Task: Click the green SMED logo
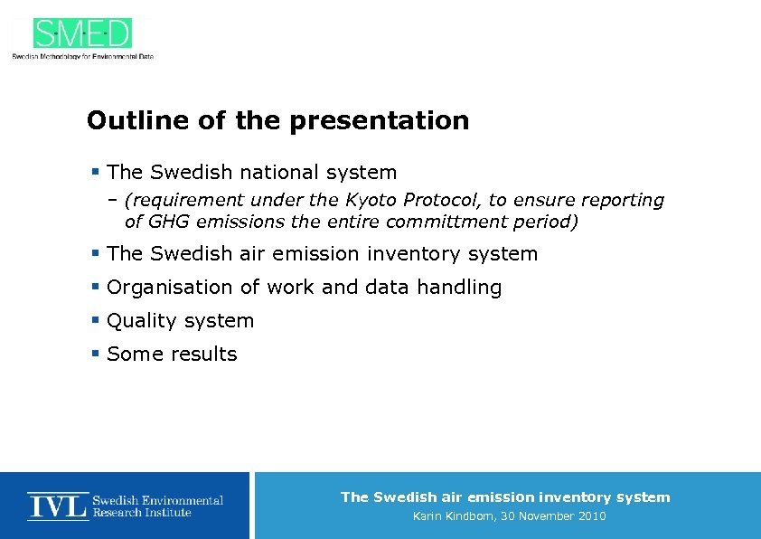click(x=82, y=33)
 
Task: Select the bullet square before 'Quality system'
click(x=95, y=320)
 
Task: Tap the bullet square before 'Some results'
click(x=95, y=354)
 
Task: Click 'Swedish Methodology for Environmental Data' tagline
click(x=82, y=56)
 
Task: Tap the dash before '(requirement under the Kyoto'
click(x=114, y=200)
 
